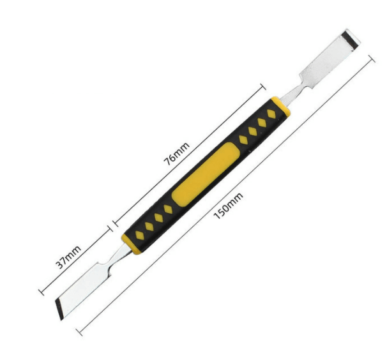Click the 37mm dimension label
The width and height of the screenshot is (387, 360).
click(x=68, y=257)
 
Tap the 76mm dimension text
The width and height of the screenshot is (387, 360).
click(x=177, y=153)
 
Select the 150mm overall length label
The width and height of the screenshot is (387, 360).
click(x=228, y=206)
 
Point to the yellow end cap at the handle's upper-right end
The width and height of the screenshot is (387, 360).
click(x=281, y=107)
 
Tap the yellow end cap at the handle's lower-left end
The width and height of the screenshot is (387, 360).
click(x=130, y=244)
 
